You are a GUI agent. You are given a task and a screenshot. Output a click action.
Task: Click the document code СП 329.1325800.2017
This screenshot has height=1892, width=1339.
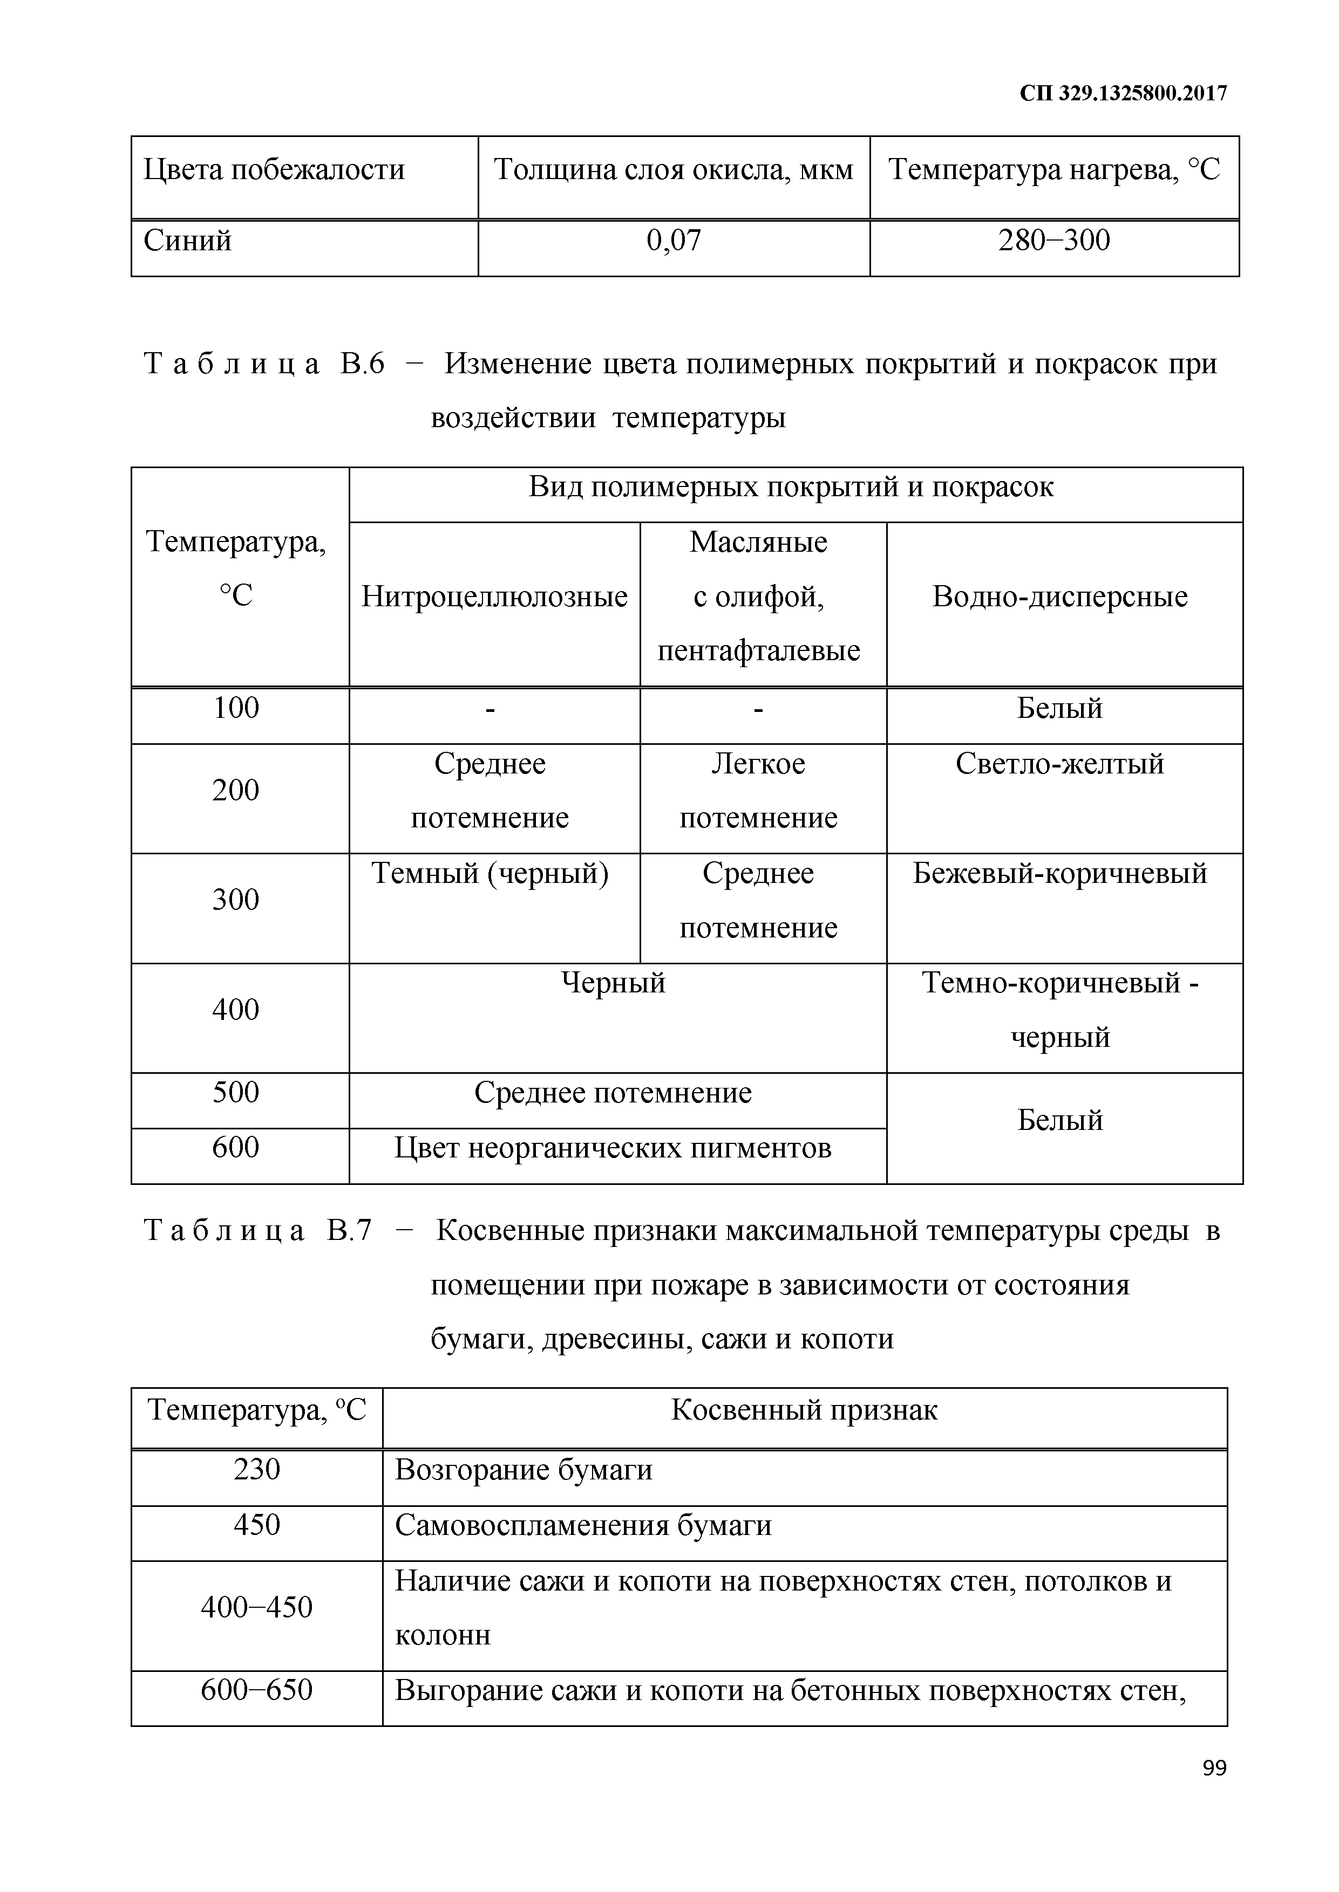point(1123,93)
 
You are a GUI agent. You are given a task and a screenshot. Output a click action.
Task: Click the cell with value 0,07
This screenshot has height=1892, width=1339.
point(674,241)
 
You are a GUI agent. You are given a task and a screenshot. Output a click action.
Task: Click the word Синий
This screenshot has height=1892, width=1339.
point(188,241)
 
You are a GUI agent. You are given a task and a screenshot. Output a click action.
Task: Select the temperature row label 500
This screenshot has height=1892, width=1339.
point(236,1093)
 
